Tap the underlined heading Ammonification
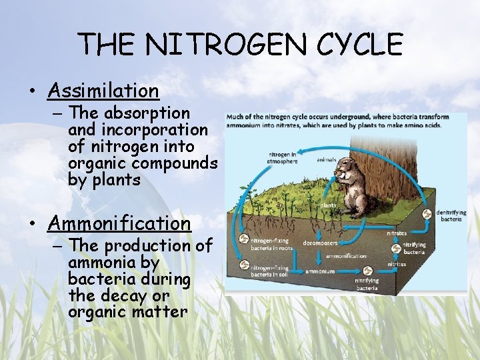coord(119,223)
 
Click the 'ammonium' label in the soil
coord(320,271)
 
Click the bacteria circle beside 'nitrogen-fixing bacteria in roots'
coord(244,239)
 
